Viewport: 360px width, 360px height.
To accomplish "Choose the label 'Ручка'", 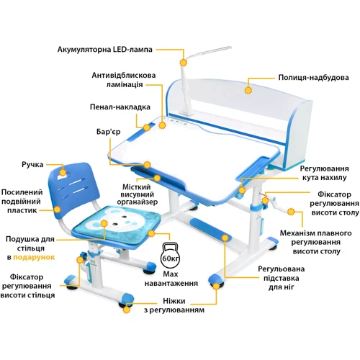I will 32,165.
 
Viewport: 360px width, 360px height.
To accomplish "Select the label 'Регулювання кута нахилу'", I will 323,172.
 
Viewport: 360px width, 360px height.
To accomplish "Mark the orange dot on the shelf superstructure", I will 248,91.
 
